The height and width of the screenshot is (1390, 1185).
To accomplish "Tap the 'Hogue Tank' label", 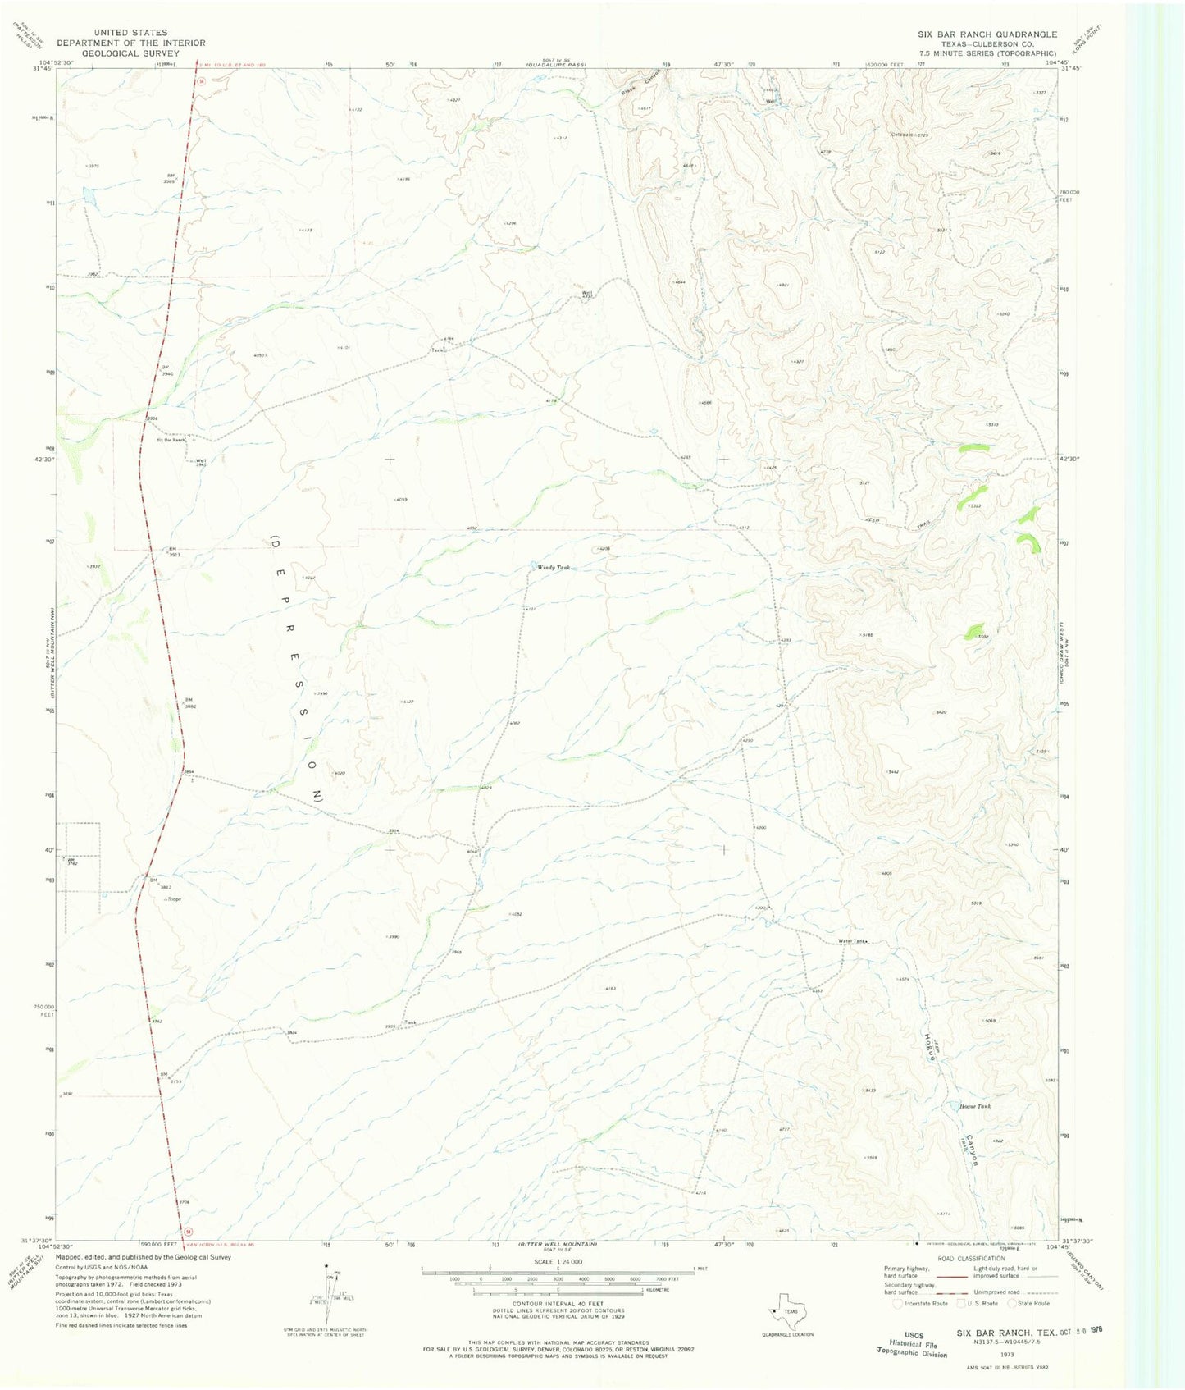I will [974, 1106].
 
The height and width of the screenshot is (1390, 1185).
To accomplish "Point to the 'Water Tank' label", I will [850, 941].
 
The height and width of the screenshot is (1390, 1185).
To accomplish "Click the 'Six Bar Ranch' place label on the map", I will [171, 440].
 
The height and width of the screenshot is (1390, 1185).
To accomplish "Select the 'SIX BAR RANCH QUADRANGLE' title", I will [987, 34].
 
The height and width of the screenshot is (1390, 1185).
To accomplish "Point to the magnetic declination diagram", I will [330, 1305].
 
